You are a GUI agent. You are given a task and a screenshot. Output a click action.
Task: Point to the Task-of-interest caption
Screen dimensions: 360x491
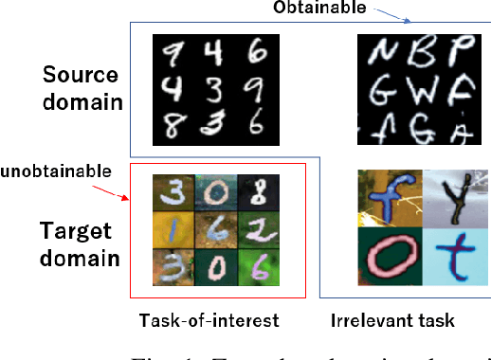tap(209, 320)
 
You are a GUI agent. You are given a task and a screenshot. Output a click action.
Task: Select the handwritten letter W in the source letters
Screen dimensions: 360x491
tap(419, 93)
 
